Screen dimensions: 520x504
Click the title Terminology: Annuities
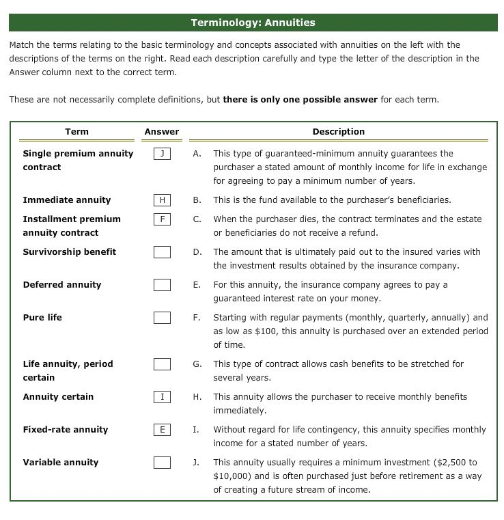coord(253,23)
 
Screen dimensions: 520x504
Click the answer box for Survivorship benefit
coord(162,252)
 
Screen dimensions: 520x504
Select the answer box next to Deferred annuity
coord(162,285)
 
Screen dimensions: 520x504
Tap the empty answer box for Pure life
coord(162,318)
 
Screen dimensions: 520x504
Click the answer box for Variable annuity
coord(162,463)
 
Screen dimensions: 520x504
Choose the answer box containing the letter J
coord(162,154)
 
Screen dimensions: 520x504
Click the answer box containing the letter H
coord(162,200)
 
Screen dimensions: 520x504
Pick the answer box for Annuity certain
coord(162,397)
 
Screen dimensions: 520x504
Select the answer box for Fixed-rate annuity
coord(162,430)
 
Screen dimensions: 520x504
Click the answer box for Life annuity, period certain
coord(162,364)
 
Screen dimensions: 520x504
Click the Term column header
coord(76,131)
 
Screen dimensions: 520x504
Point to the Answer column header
coord(162,131)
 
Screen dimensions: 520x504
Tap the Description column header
coord(338,131)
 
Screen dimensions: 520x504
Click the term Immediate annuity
coord(67,200)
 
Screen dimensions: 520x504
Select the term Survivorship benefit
coord(70,252)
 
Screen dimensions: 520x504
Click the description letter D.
coord(197,252)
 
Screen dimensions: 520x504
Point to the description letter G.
coord(197,364)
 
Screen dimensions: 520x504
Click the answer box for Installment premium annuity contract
coord(162,219)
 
